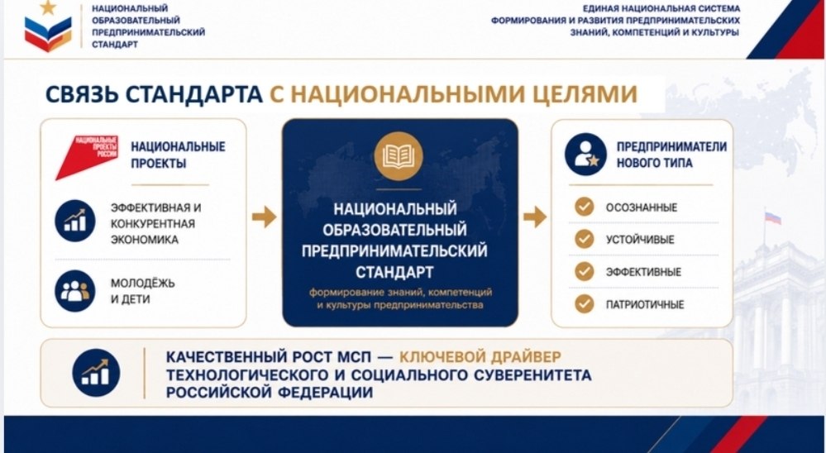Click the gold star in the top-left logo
pos(48,7)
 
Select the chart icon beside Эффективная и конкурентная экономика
pos(74,222)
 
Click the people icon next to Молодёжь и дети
pos(74,291)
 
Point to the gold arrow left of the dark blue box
pos(264,217)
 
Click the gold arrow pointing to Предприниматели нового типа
pos(535,217)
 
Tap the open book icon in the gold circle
pos(399,156)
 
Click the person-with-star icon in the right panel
pos(585,155)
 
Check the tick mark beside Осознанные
pos(585,207)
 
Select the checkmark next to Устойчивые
pos(585,239)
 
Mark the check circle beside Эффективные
pos(585,272)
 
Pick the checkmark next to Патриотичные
pos(585,304)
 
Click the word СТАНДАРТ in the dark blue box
pos(394,272)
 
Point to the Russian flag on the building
pos(773,217)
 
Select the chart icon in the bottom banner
pos(96,373)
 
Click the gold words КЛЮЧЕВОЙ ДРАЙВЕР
pos(480,357)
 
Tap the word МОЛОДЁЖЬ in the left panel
pos(143,284)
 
